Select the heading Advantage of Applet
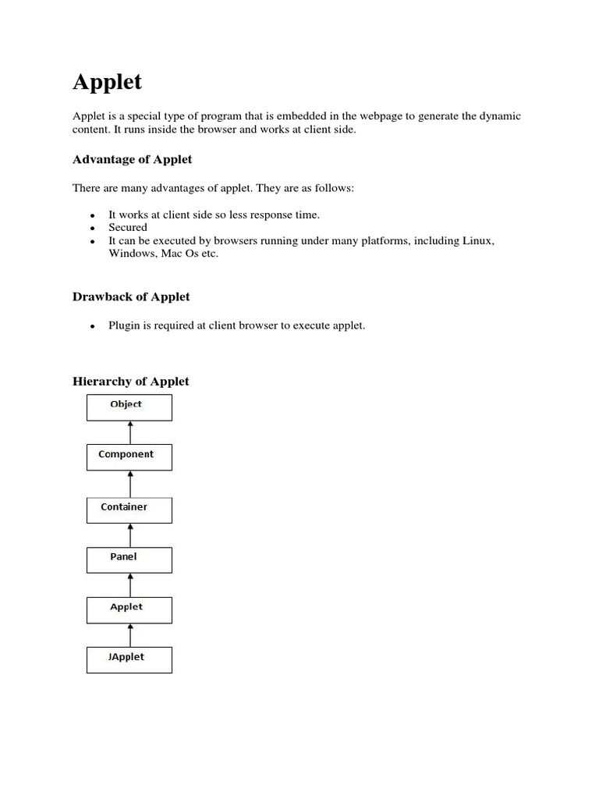click(132, 159)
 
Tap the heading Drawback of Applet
click(131, 297)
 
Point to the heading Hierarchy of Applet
click(130, 382)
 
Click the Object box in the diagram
click(129, 407)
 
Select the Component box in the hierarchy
click(129, 457)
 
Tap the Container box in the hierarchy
click(129, 510)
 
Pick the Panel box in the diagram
click(129, 560)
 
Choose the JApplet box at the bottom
click(129, 659)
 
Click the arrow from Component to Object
click(130, 432)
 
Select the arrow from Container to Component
click(130, 484)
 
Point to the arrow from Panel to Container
click(130, 535)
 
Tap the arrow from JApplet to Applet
click(130, 635)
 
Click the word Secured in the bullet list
click(128, 227)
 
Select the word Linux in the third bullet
click(477, 240)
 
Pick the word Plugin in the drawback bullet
click(125, 325)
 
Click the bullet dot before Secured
click(92, 228)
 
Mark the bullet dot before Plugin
click(92, 326)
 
